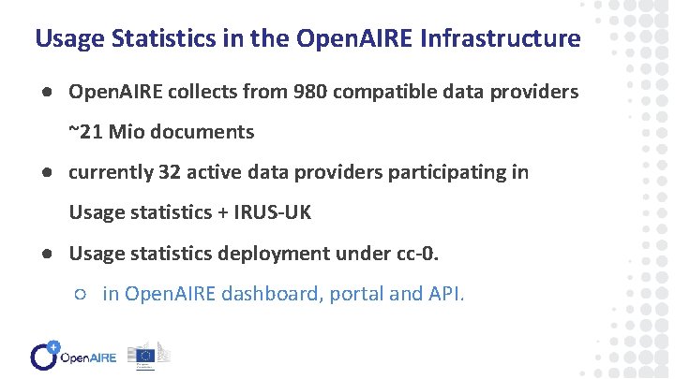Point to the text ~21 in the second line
pos(85,132)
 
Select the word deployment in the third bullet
pos(273,254)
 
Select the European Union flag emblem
pos(144,354)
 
